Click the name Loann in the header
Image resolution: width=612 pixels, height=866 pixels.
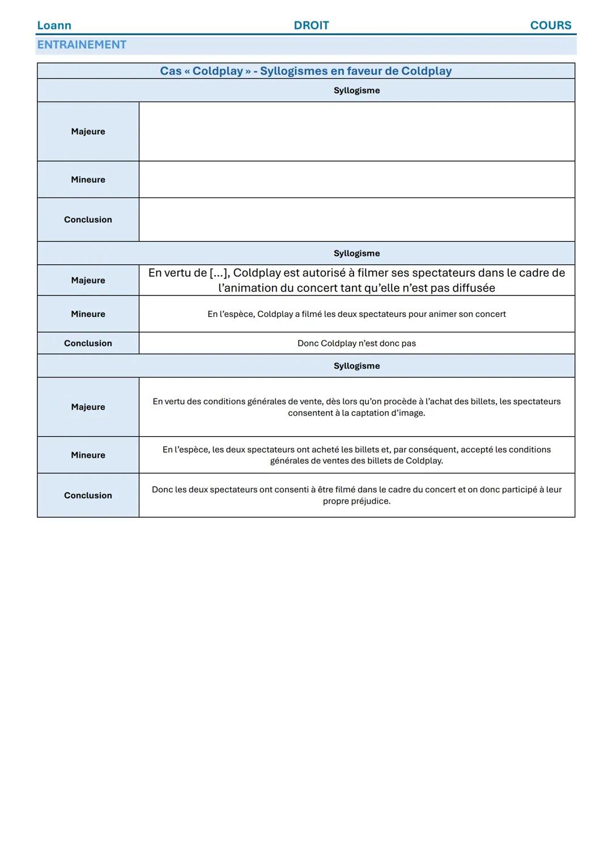[x=54, y=26]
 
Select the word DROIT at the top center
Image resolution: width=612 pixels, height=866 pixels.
[x=311, y=26]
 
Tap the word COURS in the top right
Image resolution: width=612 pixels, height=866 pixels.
[x=550, y=26]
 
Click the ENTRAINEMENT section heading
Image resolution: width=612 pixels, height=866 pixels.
[x=82, y=45]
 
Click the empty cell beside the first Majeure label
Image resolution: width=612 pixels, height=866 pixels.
[x=356, y=132]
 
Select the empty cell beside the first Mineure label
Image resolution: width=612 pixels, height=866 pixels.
[x=356, y=179]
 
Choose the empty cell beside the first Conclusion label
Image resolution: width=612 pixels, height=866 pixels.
[x=356, y=219]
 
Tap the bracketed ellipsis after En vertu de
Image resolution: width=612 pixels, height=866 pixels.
[x=219, y=273]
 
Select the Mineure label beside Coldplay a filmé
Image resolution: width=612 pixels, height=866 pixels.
[x=88, y=314]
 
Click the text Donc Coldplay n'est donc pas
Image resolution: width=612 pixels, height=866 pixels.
[x=356, y=343]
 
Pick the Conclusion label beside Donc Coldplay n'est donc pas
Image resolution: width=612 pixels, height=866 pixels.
[x=88, y=343]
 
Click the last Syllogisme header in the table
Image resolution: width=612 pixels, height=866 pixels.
[x=356, y=366]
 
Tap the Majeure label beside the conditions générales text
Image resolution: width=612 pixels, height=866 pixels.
[x=88, y=407]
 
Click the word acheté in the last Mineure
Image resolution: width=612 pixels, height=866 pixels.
[x=325, y=450]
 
